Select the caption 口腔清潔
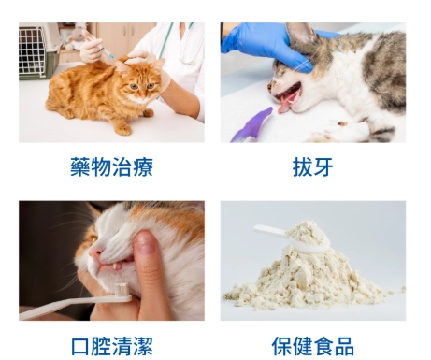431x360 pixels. click(x=111, y=346)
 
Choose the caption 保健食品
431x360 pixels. click(x=312, y=346)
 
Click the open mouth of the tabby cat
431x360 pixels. click(x=286, y=96)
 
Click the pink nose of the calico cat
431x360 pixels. click(x=96, y=252)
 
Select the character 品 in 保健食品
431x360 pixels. click(x=343, y=346)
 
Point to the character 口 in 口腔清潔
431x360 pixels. click(x=80, y=346)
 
